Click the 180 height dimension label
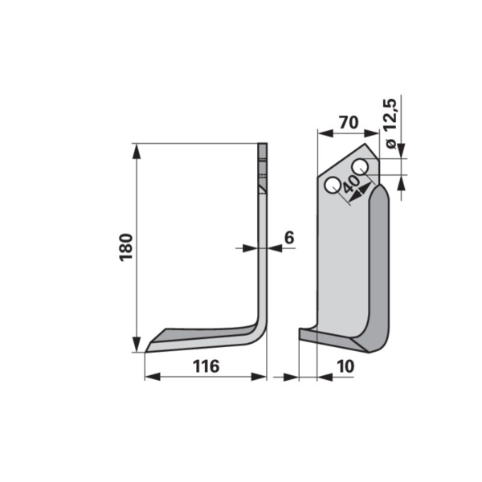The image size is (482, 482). click(126, 247)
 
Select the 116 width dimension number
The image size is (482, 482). click(206, 366)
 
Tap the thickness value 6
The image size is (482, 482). click(289, 237)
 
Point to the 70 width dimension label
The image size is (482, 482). click(349, 122)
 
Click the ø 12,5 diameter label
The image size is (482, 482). click(390, 124)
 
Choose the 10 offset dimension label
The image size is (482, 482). click(345, 366)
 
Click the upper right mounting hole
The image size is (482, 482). click(360, 167)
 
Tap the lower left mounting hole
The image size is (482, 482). click(333, 186)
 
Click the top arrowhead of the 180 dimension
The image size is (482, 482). click(137, 151)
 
